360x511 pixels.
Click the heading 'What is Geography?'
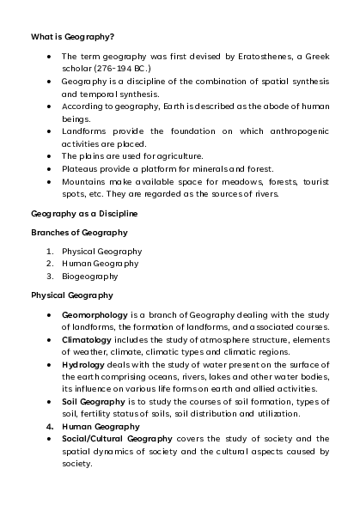(x=72, y=38)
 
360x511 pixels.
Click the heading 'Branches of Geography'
(x=79, y=232)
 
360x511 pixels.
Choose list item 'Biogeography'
(x=89, y=276)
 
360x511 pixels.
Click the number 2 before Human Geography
(x=50, y=263)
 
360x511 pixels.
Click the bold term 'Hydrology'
(x=82, y=364)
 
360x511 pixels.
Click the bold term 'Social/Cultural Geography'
(x=116, y=438)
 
